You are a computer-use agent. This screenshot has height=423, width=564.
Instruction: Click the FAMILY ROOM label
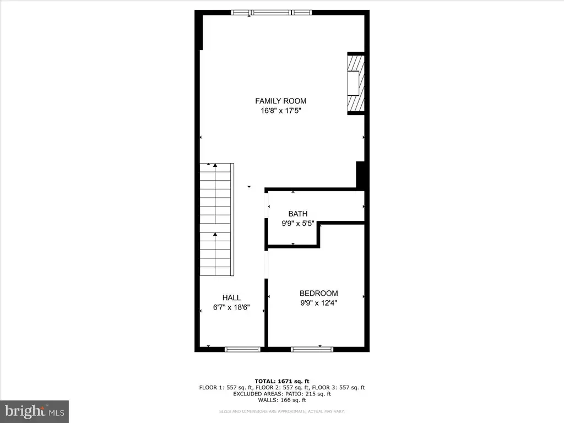click(x=280, y=101)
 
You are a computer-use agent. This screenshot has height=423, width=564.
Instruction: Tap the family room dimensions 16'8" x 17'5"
click(x=280, y=111)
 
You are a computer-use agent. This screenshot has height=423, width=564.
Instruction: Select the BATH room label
click(x=298, y=214)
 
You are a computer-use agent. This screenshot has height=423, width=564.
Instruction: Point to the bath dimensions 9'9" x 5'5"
click(x=298, y=224)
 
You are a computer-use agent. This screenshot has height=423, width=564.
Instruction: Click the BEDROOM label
click(x=319, y=293)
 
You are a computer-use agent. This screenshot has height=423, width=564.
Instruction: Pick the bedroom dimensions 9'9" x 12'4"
click(x=319, y=303)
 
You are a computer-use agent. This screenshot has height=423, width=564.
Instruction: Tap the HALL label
click(x=231, y=297)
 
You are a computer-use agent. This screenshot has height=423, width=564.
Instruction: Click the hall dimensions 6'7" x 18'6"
click(x=231, y=307)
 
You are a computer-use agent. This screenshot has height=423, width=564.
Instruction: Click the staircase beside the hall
click(x=217, y=219)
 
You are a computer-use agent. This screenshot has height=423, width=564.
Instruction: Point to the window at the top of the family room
click(x=271, y=13)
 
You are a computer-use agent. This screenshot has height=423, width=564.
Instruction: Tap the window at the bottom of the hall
click(x=242, y=349)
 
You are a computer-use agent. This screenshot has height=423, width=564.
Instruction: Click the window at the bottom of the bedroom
click(x=312, y=349)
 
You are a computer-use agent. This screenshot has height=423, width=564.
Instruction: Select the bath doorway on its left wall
click(x=267, y=205)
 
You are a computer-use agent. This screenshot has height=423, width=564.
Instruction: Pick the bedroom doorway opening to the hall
click(x=267, y=264)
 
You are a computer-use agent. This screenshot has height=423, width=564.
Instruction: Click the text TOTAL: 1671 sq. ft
click(x=282, y=381)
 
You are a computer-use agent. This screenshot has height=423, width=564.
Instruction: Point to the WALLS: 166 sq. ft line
click(x=282, y=400)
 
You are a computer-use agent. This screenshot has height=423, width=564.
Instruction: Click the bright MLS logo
click(x=35, y=411)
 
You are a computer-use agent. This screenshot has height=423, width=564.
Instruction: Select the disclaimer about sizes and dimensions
click(x=282, y=411)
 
